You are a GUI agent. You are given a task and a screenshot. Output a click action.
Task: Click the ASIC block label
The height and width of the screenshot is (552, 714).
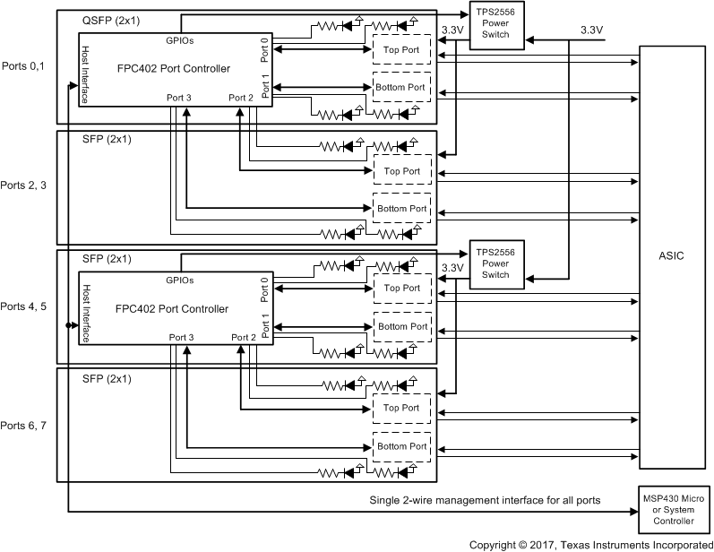coord(671,256)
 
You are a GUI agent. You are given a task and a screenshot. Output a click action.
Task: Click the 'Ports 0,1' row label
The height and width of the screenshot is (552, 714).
coord(25,66)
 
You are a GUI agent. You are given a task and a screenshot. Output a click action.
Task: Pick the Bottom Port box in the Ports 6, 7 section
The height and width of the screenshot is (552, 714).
coord(402,445)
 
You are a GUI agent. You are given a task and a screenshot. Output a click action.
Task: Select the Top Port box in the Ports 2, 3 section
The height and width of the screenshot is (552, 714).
coord(402,170)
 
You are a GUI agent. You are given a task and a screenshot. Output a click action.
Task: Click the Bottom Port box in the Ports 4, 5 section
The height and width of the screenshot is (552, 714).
coord(402,326)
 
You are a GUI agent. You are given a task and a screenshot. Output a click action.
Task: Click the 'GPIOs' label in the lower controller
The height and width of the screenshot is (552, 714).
coord(181,280)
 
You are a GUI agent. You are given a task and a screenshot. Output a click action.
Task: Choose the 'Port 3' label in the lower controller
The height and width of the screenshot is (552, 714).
coord(181,337)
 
